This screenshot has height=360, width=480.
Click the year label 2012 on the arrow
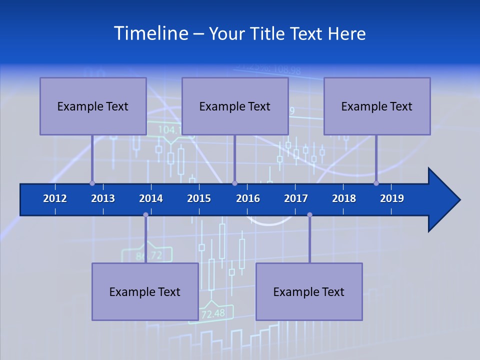55,198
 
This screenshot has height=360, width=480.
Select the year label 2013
103,198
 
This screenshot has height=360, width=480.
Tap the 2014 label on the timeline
151,198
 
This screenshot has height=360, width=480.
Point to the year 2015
199,198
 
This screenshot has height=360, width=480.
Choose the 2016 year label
248,198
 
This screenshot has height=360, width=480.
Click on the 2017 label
296,198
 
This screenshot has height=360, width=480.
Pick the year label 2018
344,198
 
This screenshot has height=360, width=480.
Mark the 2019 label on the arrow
392,198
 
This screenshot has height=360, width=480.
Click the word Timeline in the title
150,33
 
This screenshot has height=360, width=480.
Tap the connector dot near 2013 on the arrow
92,183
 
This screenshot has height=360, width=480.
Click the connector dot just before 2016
234,183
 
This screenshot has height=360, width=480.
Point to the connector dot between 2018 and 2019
376,183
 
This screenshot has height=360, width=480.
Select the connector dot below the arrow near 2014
145,215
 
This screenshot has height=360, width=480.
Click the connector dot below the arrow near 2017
309,215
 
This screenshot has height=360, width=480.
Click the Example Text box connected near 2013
93,106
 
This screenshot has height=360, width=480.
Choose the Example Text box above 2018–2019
377,106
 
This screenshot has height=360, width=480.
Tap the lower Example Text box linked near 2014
145,291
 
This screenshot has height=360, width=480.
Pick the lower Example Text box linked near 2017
309,291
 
